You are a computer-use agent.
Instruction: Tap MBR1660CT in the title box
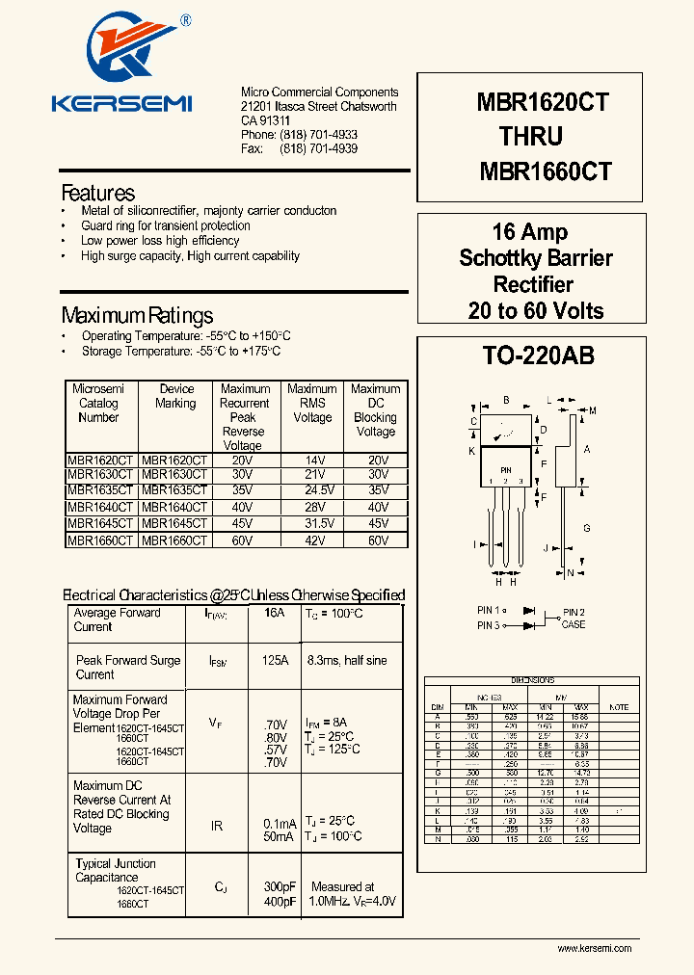546,171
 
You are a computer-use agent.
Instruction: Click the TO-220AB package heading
538,356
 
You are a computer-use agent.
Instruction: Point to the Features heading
97,193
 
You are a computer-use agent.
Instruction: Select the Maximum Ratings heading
137,316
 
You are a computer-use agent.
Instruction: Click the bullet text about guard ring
165,225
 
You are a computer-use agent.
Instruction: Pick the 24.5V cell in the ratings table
311,489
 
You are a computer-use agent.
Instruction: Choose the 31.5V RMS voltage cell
311,523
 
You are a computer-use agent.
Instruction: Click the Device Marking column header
175,396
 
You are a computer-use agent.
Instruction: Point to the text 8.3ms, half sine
347,661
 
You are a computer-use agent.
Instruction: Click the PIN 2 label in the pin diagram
574,612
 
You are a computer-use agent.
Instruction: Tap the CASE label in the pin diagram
574,624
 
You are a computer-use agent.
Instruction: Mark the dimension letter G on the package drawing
586,528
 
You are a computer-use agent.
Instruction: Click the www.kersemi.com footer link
595,949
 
